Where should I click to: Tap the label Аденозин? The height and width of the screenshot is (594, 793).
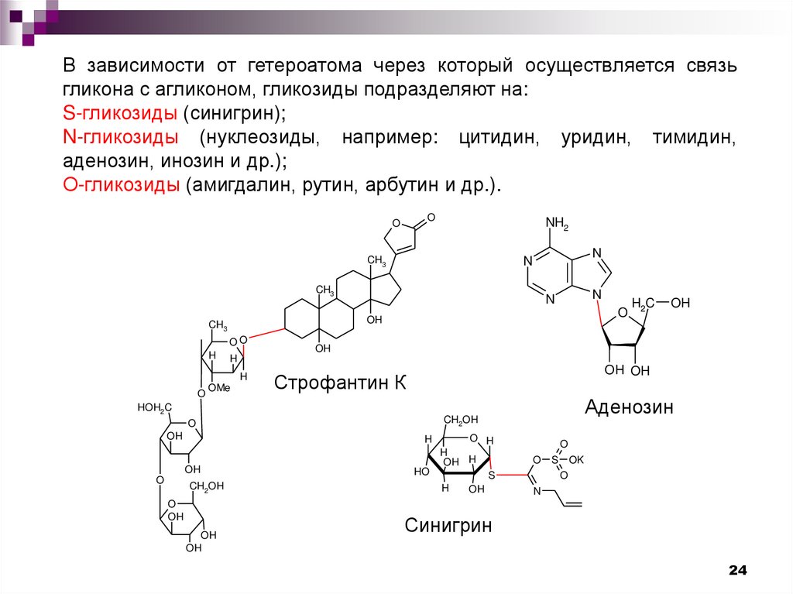click(629, 406)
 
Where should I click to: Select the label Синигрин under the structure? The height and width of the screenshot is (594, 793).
click(448, 526)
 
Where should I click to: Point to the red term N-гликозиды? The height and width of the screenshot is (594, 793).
click(121, 138)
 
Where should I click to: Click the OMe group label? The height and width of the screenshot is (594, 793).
click(218, 388)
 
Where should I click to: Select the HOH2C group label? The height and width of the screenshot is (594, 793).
click(154, 407)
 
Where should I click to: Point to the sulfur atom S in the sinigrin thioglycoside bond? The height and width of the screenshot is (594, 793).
click(490, 474)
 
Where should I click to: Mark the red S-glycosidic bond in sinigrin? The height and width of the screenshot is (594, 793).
click(511, 474)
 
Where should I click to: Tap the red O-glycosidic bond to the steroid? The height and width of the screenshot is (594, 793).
click(266, 335)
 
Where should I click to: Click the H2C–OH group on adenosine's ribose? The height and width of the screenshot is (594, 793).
click(659, 303)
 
